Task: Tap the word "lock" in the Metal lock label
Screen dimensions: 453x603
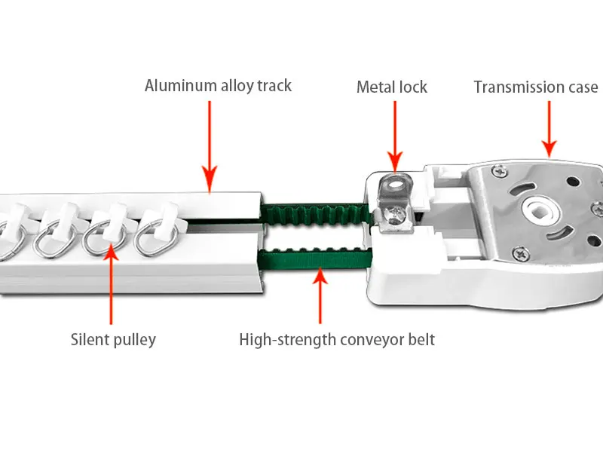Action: (412, 87)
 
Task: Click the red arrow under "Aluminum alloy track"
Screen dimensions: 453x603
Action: (209, 143)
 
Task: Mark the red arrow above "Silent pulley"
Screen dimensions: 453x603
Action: (112, 286)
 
